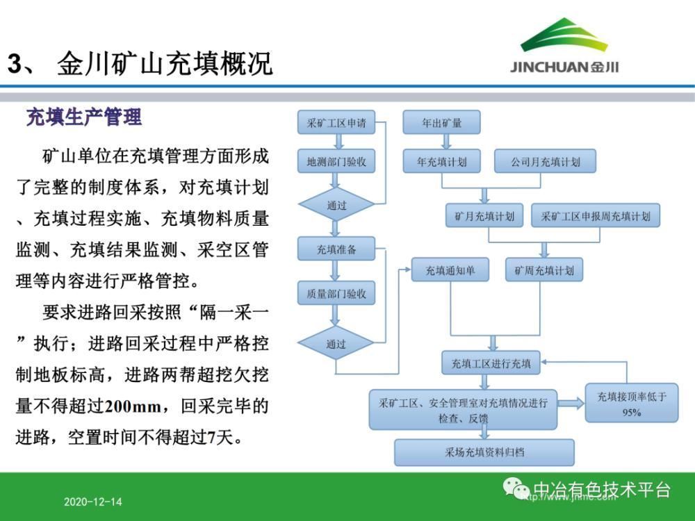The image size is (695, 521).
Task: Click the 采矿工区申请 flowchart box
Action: point(336,123)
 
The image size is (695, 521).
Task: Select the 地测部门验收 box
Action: point(336,163)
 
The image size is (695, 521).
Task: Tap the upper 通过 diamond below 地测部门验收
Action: point(336,205)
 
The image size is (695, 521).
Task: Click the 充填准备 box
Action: point(336,249)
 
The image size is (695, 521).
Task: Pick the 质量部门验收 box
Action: point(336,293)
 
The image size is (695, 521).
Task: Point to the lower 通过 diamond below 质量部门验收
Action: point(336,343)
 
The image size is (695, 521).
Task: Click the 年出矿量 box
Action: point(441,123)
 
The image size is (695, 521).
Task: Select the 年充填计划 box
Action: point(441,163)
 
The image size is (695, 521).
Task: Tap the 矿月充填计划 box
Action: point(484,216)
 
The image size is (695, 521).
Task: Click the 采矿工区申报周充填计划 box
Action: point(596,216)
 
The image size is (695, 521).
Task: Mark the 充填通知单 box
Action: point(450,270)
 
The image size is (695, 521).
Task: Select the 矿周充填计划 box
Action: point(544,270)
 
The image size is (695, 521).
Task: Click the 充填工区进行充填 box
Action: point(491,363)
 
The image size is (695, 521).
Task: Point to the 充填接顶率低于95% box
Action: point(632,404)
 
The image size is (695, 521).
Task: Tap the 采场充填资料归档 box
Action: point(484,452)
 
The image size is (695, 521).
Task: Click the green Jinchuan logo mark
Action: point(564,35)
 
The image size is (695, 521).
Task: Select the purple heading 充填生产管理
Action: point(83,117)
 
